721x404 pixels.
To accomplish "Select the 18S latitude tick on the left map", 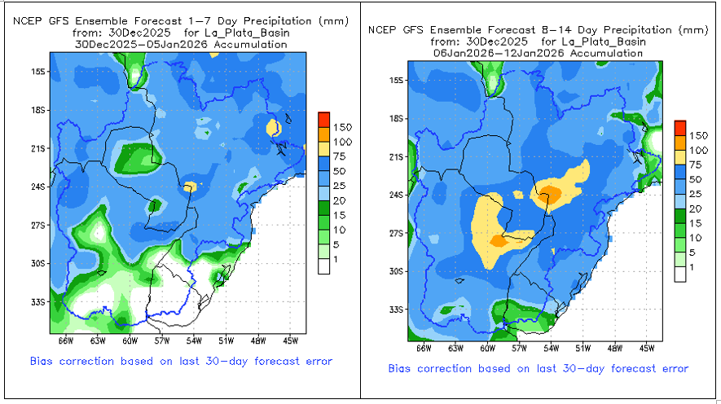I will pyautogui.click(x=37, y=109).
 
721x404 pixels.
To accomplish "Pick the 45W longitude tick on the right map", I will pyautogui.click(x=647, y=349).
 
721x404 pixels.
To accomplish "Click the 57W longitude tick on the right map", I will pyautogui.click(x=517, y=349).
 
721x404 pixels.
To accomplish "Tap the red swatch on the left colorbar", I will pyautogui.click(x=323, y=116).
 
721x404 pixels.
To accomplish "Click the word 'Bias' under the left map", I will pyautogui.click(x=43, y=361).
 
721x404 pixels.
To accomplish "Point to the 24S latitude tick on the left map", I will pyautogui.click(x=37, y=186).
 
